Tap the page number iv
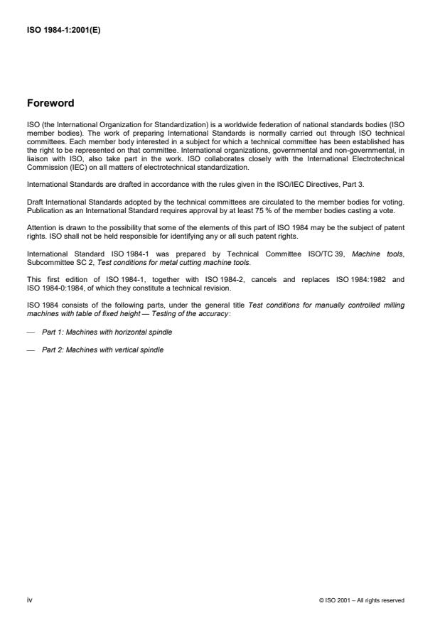[29, 600]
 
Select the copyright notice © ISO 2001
[362, 601]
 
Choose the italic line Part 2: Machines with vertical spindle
[102, 350]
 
